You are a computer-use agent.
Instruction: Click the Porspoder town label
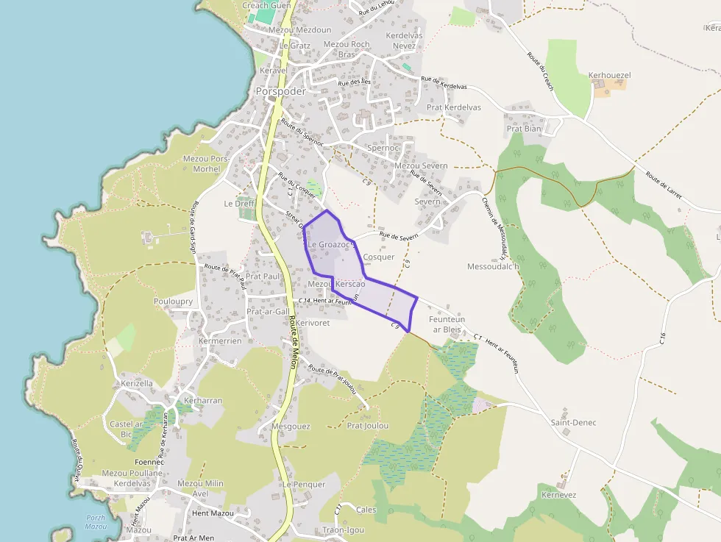280,91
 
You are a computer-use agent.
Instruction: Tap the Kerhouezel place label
609,75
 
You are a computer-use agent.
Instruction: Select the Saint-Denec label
573,422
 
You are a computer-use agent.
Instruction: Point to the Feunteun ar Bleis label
447,324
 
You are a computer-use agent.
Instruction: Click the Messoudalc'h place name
493,266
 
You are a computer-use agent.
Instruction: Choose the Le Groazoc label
330,243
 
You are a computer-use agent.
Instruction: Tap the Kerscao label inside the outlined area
350,284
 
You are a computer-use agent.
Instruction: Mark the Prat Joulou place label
367,425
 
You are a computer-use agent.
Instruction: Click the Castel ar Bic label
125,429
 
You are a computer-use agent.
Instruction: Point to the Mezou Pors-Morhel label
207,163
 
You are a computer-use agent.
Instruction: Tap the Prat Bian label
524,129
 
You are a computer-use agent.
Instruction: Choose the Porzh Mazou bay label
96,521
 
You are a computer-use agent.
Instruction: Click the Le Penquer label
304,485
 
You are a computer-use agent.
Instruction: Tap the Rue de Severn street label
398,235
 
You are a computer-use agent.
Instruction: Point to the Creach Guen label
266,5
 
